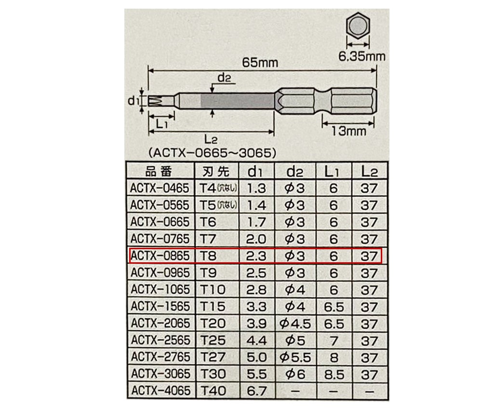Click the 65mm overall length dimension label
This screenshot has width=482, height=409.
coord(260,63)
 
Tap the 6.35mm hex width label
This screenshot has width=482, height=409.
coord(362,56)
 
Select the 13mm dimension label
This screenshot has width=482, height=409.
coord(348,131)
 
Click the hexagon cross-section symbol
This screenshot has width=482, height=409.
coord(358,26)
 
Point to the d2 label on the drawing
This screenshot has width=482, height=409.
coord(224,77)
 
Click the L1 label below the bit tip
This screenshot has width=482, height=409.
coord(161,124)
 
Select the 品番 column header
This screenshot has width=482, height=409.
coord(159,171)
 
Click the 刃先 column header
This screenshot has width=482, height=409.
coord(216,171)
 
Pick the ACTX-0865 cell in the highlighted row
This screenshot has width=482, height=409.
coord(160,256)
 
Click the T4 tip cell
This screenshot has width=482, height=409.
coord(218,188)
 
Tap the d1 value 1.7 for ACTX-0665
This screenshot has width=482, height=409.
coord(256,222)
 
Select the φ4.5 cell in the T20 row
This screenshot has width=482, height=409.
coord(295,323)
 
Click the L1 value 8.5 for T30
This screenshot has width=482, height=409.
coord(334,374)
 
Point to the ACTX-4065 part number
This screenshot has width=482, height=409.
coord(161,391)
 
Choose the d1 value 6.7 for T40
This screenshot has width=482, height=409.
coord(256,391)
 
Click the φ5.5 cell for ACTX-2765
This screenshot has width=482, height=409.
coord(295,357)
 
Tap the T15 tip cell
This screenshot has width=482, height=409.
coord(213,306)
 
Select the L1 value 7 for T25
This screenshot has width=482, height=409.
coord(334,340)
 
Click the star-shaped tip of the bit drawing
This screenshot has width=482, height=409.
coord(156,101)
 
